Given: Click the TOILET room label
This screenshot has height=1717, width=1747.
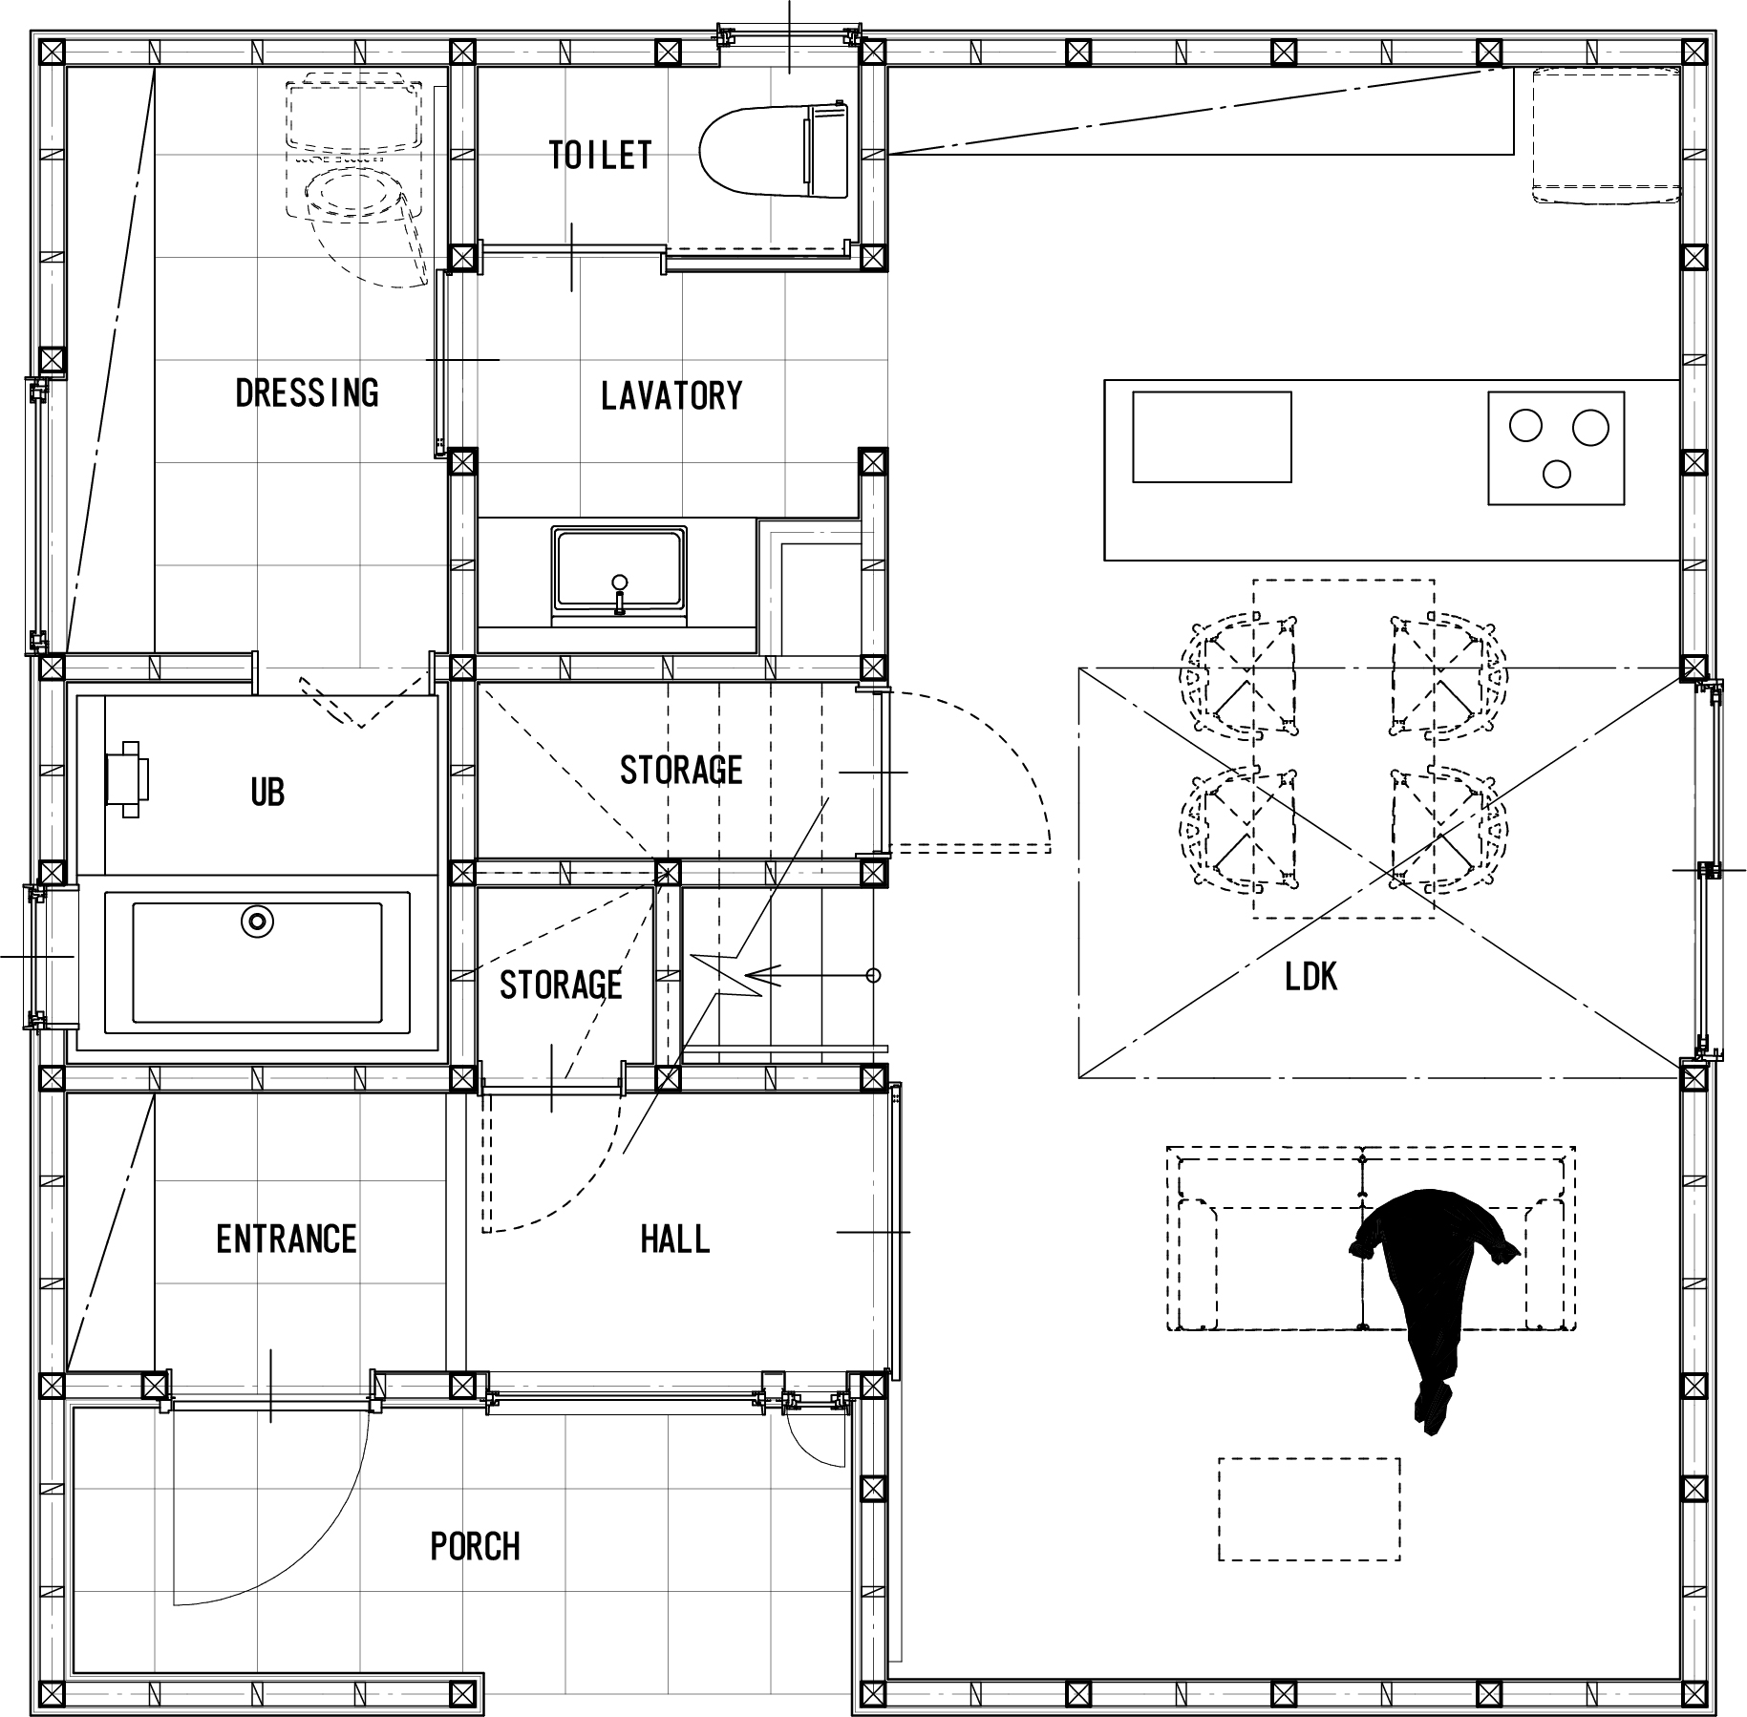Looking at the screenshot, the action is pyautogui.click(x=600, y=155).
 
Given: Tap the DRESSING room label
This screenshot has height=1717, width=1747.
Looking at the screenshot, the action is pyautogui.click(x=307, y=392).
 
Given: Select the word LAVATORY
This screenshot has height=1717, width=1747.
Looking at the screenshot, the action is pyautogui.click(x=671, y=395).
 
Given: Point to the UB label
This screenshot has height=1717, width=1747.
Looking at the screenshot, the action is pyautogui.click(x=267, y=792).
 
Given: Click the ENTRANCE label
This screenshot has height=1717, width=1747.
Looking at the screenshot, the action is pyautogui.click(x=287, y=1240).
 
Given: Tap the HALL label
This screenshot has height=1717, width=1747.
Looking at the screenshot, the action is pyautogui.click(x=675, y=1240).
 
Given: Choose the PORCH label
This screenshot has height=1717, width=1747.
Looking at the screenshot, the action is pyautogui.click(x=475, y=1546).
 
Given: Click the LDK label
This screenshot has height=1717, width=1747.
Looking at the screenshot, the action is pyautogui.click(x=1311, y=977).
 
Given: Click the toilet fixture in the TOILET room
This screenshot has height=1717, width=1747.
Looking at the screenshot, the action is pyautogui.click(x=775, y=152).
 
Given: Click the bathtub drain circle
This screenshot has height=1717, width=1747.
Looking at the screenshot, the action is pyautogui.click(x=257, y=922).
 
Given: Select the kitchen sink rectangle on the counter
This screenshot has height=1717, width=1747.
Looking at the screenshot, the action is pyautogui.click(x=1211, y=436).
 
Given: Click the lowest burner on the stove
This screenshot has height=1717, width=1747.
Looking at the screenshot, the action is pyautogui.click(x=1557, y=473).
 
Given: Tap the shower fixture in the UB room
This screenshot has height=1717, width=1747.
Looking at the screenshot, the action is pyautogui.click(x=127, y=778).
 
